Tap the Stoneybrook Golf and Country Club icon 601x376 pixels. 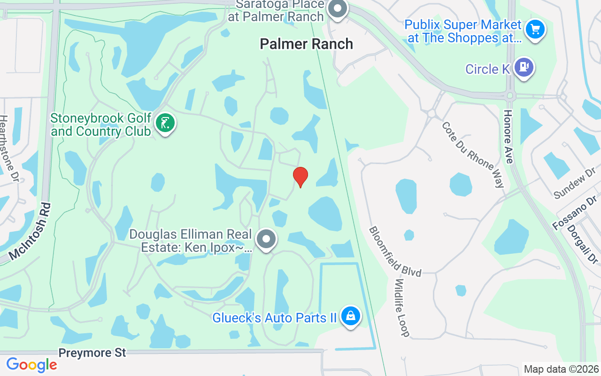(164, 124)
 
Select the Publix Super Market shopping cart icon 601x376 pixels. (534, 30)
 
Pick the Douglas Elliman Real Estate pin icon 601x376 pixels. (266, 239)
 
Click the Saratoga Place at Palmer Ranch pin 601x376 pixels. (337, 9)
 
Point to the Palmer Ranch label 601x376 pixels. (306, 44)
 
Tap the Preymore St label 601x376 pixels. (92, 352)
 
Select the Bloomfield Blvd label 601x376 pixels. (394, 251)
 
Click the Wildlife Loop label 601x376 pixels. (402, 308)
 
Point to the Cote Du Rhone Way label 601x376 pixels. (473, 155)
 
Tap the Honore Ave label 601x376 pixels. (509, 137)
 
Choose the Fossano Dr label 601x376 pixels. (575, 213)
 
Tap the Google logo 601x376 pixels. (31, 365)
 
